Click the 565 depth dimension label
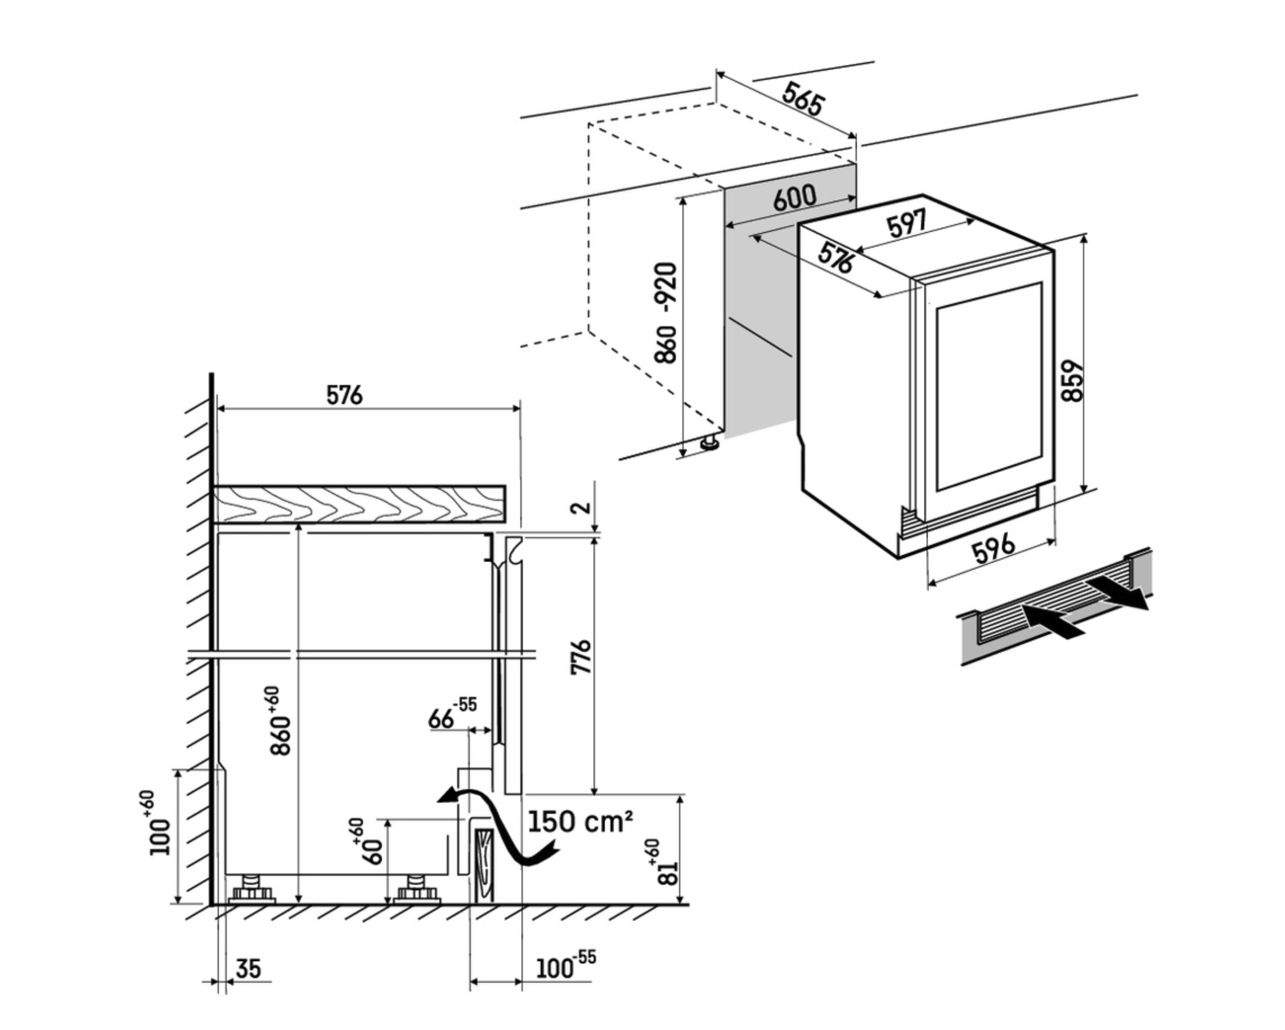(x=803, y=100)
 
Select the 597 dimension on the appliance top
(x=906, y=223)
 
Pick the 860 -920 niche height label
(x=666, y=312)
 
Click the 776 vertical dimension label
(x=581, y=657)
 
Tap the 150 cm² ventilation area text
(x=579, y=822)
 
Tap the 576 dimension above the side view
(x=344, y=395)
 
